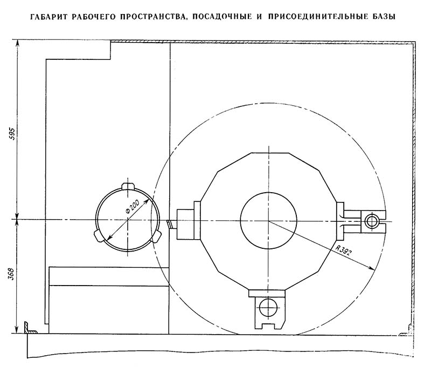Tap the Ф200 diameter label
pyautogui.click(x=131, y=208)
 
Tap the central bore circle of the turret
pyautogui.click(x=268, y=220)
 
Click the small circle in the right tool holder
pyautogui.click(x=371, y=220)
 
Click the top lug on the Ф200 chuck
pyautogui.click(x=128, y=186)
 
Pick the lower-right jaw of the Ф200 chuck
pyautogui.click(x=157, y=236)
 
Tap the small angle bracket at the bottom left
pyautogui.click(x=28, y=328)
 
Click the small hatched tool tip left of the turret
pyautogui.click(x=170, y=224)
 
